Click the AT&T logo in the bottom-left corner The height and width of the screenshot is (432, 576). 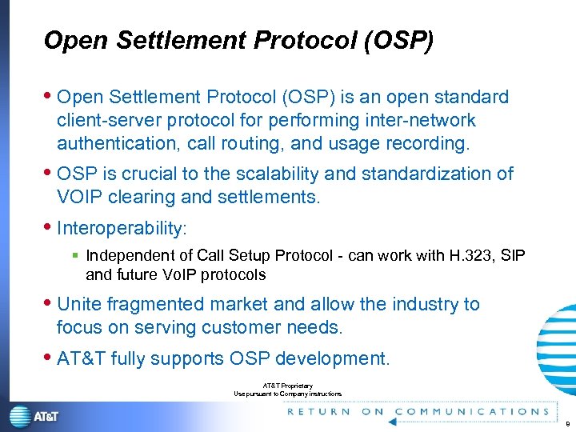click(34, 416)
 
